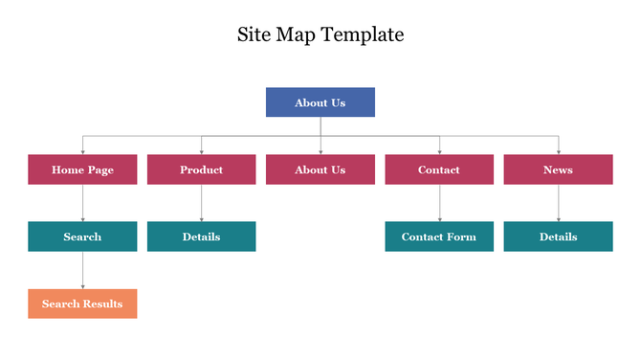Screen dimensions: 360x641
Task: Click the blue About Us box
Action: [x=320, y=102]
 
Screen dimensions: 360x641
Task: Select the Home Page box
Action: [x=82, y=169]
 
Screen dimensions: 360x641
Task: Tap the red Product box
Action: [x=201, y=169]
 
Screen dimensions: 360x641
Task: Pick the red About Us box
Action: [x=320, y=169]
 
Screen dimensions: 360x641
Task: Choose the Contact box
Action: [x=439, y=169]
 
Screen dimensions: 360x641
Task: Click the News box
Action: [x=558, y=169]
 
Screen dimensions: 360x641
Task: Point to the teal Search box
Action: [x=82, y=236]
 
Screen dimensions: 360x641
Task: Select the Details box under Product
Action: [x=201, y=236]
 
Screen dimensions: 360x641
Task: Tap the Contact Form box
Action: [x=439, y=236]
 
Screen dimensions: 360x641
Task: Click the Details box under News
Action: [x=558, y=236]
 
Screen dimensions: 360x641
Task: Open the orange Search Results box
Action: [x=82, y=304]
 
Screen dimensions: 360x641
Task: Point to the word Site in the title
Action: [x=254, y=35]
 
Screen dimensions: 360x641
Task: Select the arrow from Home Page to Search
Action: [x=82, y=203]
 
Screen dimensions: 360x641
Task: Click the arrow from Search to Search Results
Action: [x=82, y=270]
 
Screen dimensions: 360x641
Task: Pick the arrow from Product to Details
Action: [x=201, y=203]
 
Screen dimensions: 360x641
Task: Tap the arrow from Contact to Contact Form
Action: [x=439, y=203]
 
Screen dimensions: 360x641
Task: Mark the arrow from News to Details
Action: [x=558, y=203]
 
